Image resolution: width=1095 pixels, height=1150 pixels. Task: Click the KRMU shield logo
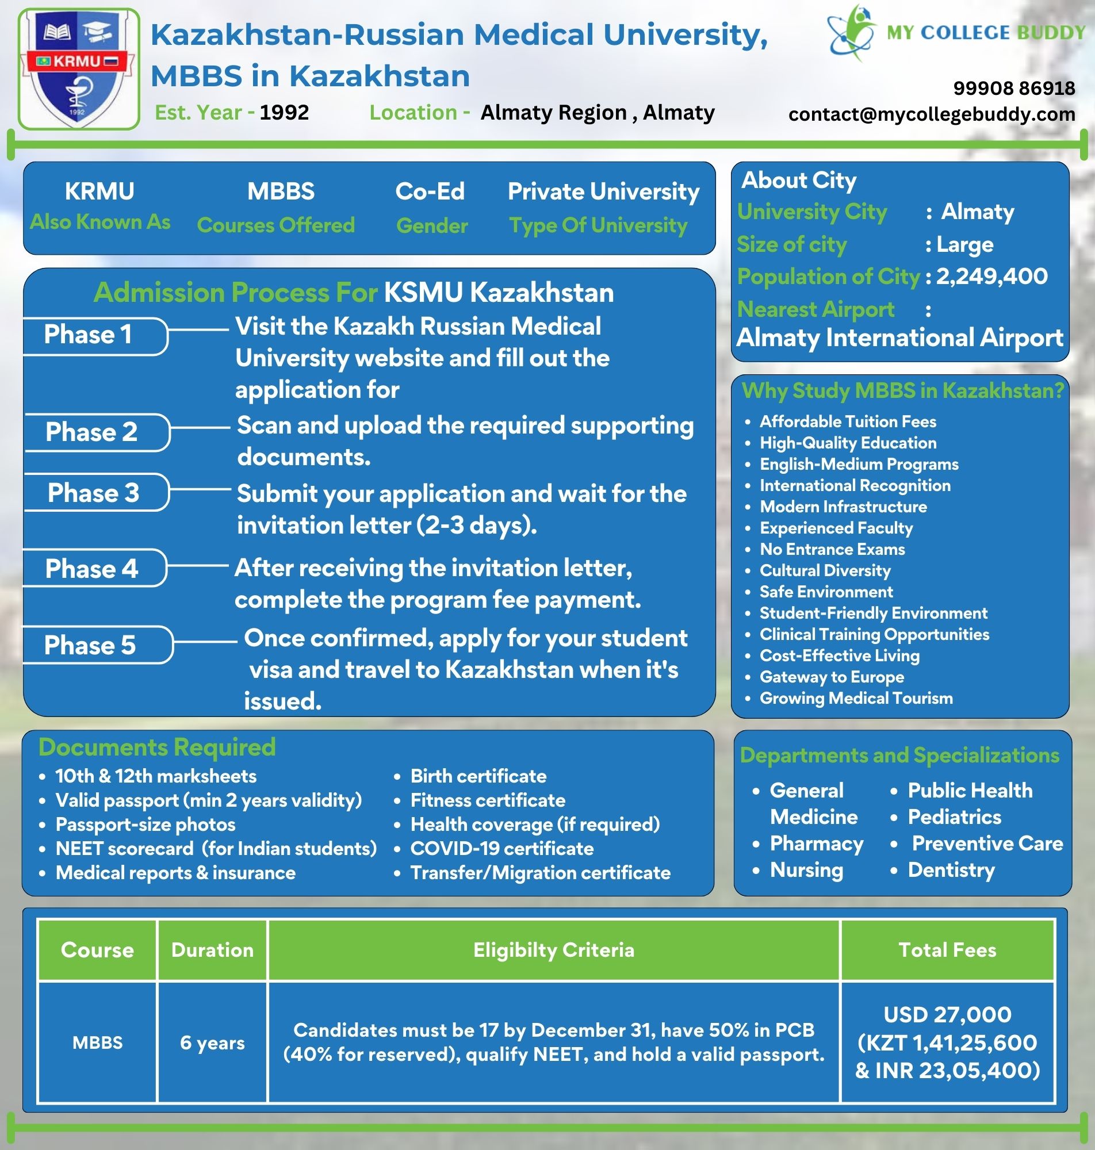point(78,69)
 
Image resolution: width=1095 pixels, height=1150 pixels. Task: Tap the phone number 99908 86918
point(1014,88)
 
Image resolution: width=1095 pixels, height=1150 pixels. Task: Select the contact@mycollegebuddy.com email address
point(932,114)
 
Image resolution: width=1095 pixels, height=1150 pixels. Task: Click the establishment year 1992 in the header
point(284,112)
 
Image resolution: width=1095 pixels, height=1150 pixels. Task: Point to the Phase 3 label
point(93,493)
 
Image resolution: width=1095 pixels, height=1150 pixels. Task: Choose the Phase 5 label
point(90,645)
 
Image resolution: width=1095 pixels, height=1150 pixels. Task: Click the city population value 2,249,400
point(991,276)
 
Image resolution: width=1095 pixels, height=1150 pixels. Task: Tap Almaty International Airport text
point(899,338)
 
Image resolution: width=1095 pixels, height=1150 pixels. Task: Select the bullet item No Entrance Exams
point(832,549)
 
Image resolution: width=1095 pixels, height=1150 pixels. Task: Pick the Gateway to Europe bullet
point(832,677)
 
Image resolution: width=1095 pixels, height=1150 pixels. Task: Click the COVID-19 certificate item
point(502,848)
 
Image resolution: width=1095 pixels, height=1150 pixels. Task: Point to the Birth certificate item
point(478,776)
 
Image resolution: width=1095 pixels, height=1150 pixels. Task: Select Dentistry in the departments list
point(951,870)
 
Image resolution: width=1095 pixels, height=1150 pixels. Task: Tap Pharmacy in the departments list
point(817,844)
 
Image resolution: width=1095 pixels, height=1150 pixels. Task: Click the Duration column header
point(212,950)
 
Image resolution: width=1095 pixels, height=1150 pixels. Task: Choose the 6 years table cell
point(212,1042)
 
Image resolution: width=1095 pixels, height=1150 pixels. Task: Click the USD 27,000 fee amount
point(947,1015)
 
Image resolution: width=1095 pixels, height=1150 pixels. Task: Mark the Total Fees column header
point(947,950)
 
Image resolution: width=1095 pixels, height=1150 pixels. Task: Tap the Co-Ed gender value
point(430,191)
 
